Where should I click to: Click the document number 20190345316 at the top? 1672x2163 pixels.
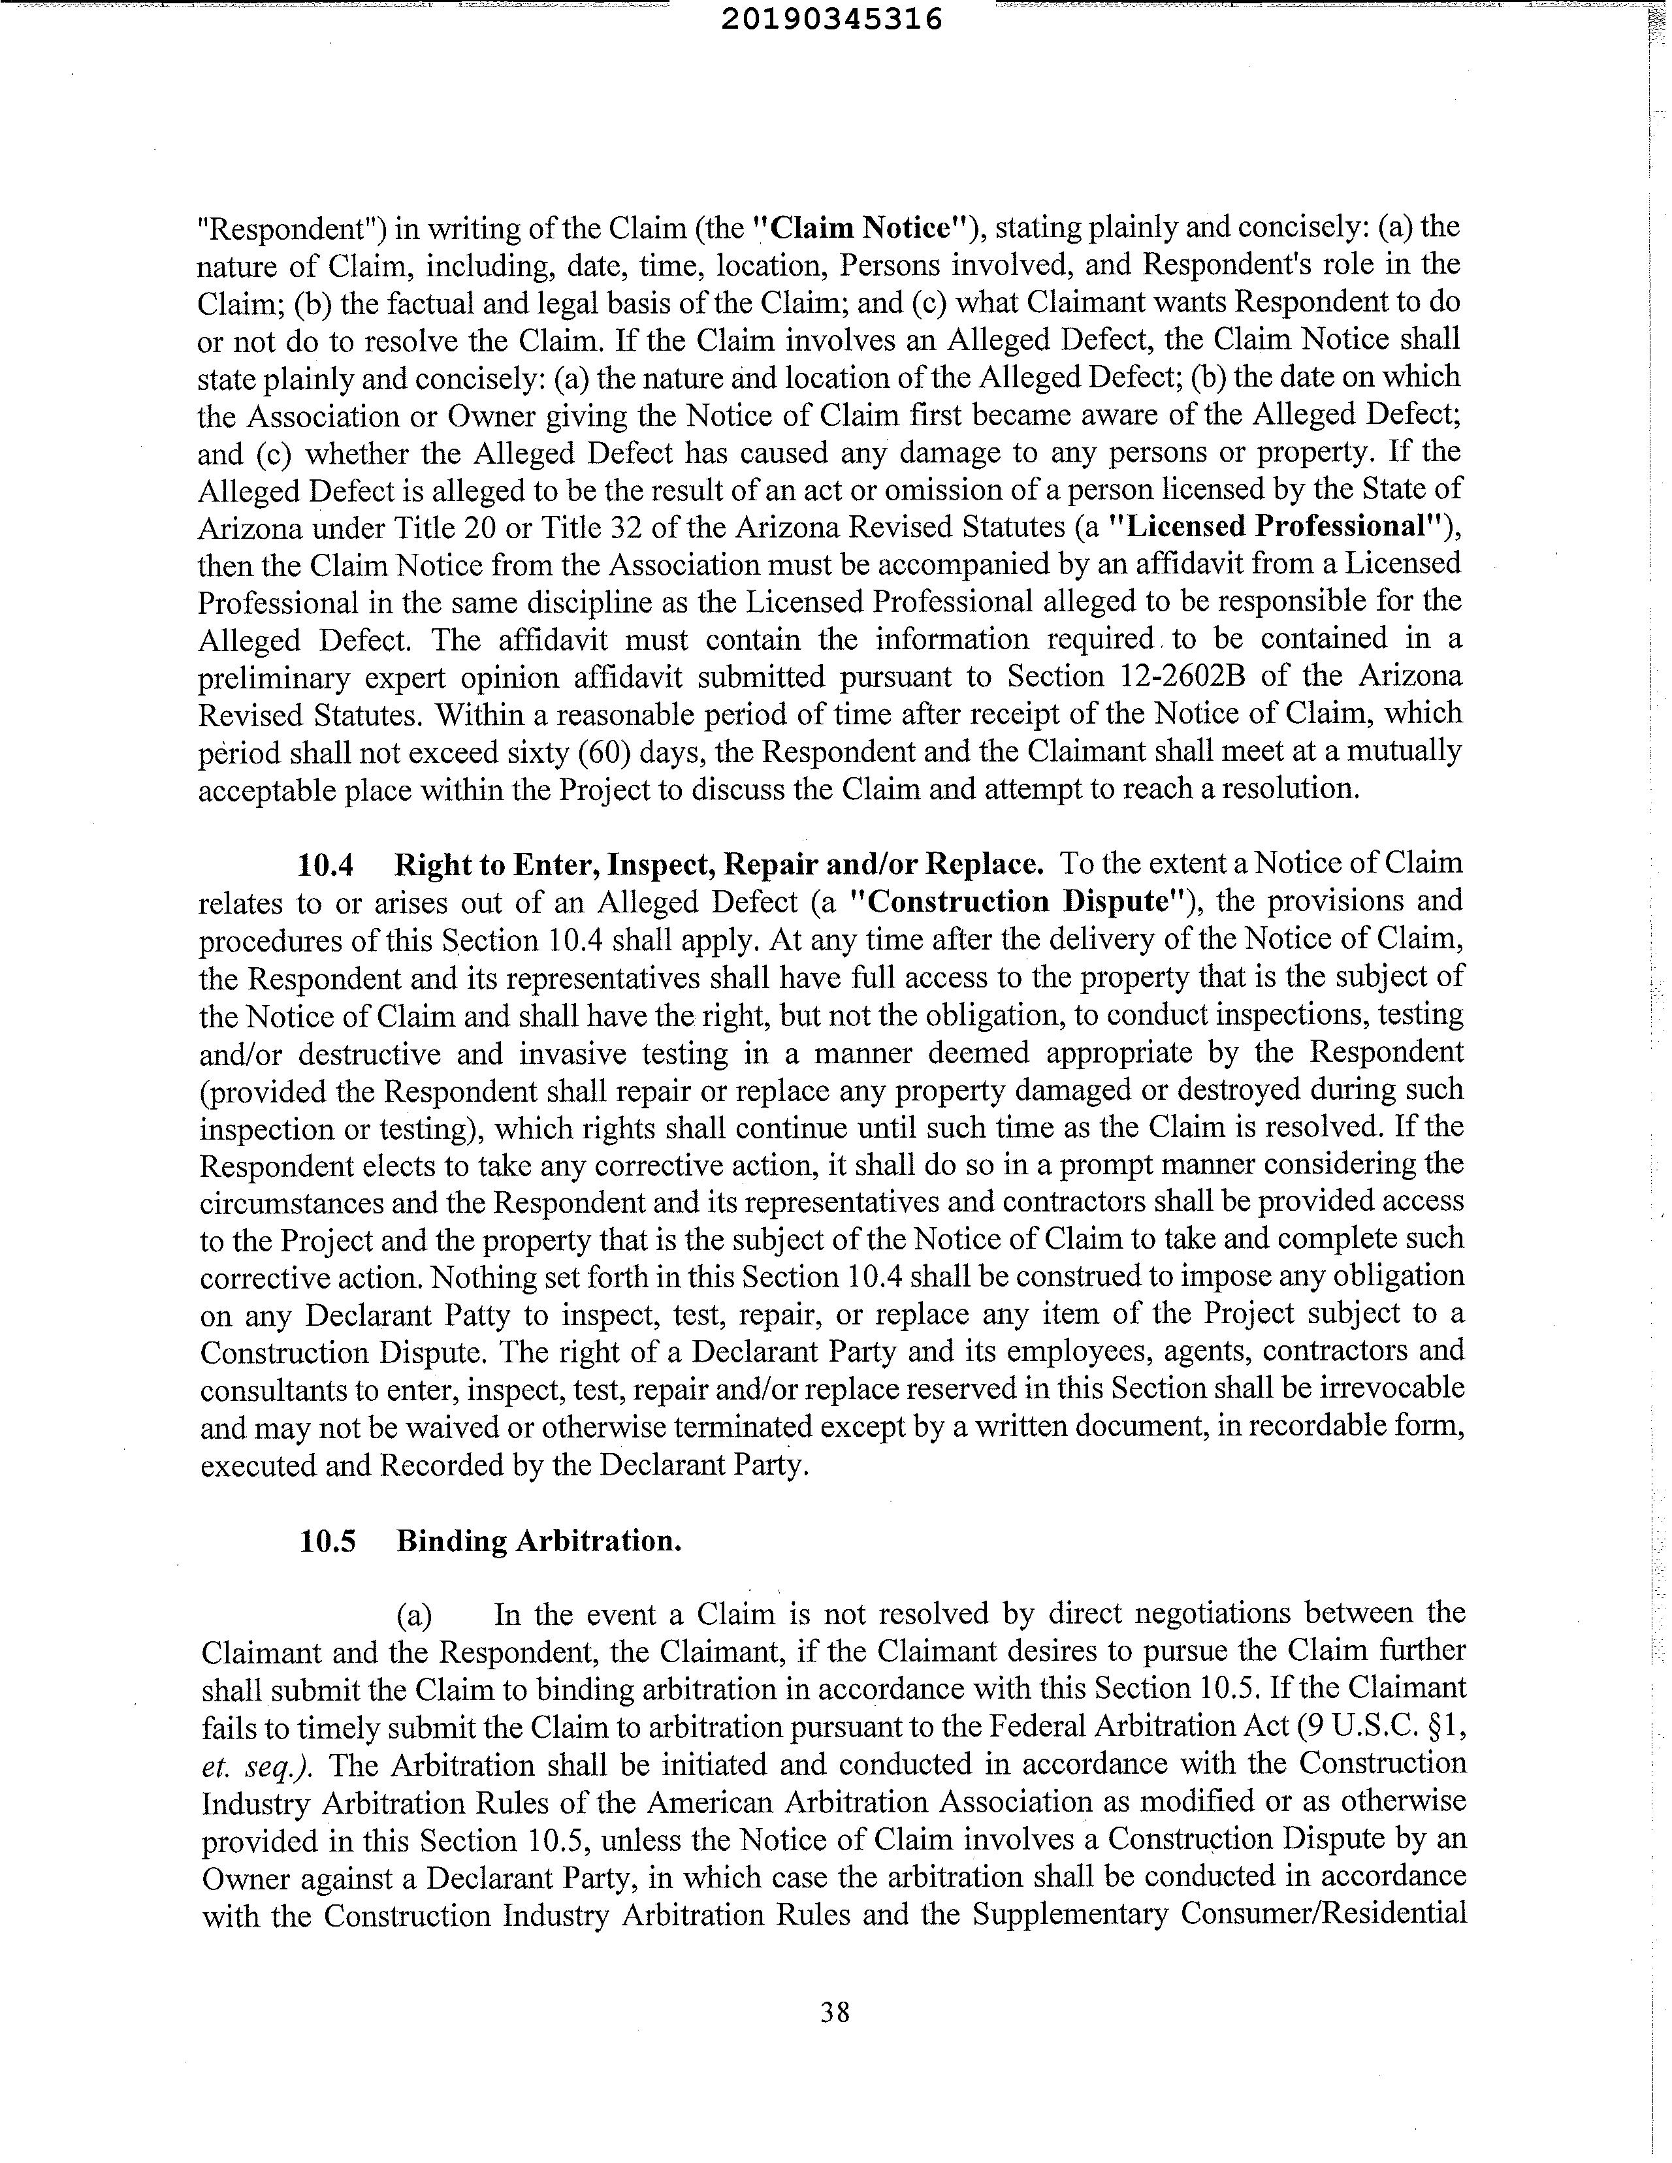[x=845, y=20]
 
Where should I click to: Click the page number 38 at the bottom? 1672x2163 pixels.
[x=835, y=2011]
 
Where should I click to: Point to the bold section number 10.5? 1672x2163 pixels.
[x=327, y=1541]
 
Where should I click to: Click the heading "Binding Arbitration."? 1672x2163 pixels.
[x=539, y=1541]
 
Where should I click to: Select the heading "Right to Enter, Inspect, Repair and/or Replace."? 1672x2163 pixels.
[x=719, y=863]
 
